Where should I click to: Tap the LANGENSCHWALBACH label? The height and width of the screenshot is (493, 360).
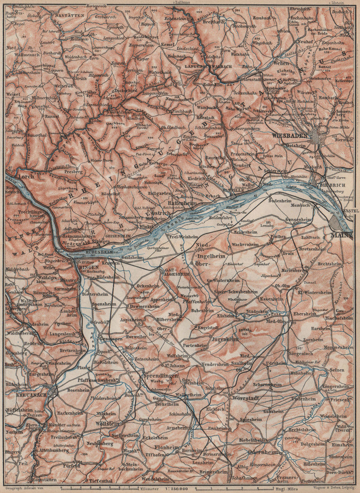tap(202, 67)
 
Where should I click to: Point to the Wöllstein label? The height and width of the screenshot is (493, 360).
tap(107, 423)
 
